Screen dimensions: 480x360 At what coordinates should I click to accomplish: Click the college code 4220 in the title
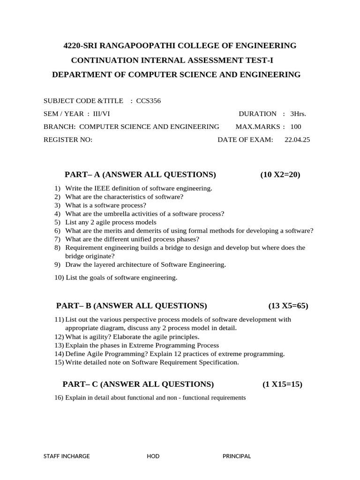(x=72, y=45)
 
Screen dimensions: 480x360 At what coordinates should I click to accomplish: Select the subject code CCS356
(x=149, y=101)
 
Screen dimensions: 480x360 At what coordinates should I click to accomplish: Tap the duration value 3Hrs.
(x=299, y=113)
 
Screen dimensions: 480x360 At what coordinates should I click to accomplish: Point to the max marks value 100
(x=296, y=127)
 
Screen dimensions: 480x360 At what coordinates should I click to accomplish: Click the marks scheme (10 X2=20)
(x=280, y=175)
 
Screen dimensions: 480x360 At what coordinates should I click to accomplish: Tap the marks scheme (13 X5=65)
(x=288, y=306)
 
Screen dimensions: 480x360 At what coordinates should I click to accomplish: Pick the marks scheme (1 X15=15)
(x=282, y=384)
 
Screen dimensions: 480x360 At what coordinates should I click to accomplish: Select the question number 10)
(x=60, y=277)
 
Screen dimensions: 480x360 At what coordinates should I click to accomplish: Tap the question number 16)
(x=59, y=398)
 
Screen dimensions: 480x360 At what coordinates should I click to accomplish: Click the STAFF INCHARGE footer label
(x=67, y=456)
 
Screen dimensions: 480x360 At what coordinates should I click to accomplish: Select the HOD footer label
(x=153, y=456)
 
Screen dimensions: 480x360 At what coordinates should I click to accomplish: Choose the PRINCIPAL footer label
(x=237, y=456)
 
